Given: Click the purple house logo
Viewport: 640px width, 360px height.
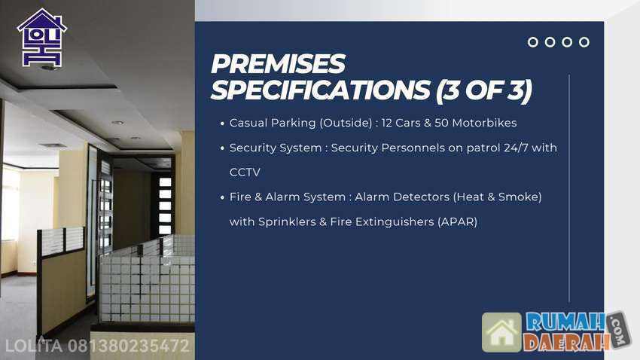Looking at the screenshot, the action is (42, 38).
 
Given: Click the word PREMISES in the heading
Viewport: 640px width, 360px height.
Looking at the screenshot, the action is (278, 64).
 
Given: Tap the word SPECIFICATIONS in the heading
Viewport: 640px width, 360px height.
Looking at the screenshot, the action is (321, 90).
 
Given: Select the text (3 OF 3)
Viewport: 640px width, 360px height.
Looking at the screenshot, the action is (483, 90).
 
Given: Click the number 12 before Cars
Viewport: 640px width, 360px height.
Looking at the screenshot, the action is (386, 123).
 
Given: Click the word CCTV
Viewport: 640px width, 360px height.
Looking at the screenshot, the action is (245, 172).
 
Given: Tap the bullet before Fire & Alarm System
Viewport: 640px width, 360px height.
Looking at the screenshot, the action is (222, 197).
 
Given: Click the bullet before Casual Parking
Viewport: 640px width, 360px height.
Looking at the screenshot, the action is (222, 124).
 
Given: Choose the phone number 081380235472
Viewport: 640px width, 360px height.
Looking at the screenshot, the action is (129, 346).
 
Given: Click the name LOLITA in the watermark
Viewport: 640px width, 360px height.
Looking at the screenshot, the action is (34, 346).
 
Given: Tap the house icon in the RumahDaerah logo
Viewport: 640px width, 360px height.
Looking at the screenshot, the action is (501, 333).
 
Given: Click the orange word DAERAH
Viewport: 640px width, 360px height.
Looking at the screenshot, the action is (566, 342).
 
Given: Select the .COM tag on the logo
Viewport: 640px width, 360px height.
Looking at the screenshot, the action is (620, 330).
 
